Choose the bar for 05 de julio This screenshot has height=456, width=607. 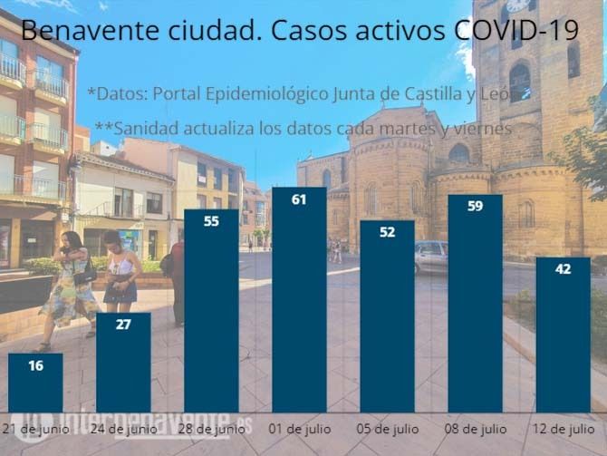click(387, 317)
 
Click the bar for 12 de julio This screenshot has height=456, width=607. click(563, 335)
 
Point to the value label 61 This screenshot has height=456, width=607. click(299, 199)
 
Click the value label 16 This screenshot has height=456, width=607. click(35, 365)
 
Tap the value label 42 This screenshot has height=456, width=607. click(563, 268)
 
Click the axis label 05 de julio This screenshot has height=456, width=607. click(387, 427)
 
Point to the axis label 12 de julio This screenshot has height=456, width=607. click(563, 427)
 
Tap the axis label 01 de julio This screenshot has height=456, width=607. click(299, 427)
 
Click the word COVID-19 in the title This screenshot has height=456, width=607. click(516, 31)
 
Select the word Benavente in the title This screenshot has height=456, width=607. click(78, 31)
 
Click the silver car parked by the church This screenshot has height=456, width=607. click(431, 257)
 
